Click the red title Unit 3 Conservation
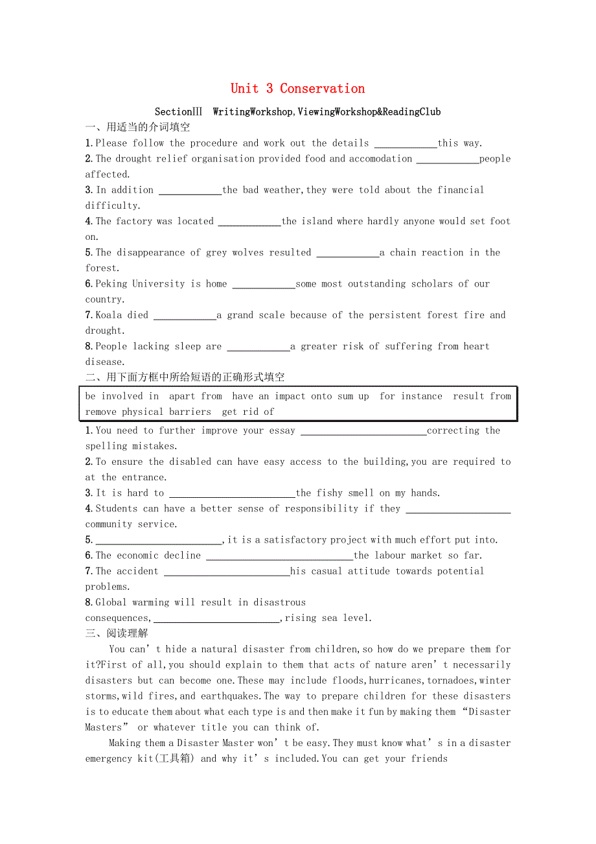[x=297, y=89]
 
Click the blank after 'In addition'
[x=190, y=191]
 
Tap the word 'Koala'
[x=109, y=315]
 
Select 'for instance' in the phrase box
[x=411, y=396]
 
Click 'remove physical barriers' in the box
[x=148, y=412]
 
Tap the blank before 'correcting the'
[x=363, y=431]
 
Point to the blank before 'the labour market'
[x=279, y=556]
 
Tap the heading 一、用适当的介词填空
[x=137, y=128]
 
